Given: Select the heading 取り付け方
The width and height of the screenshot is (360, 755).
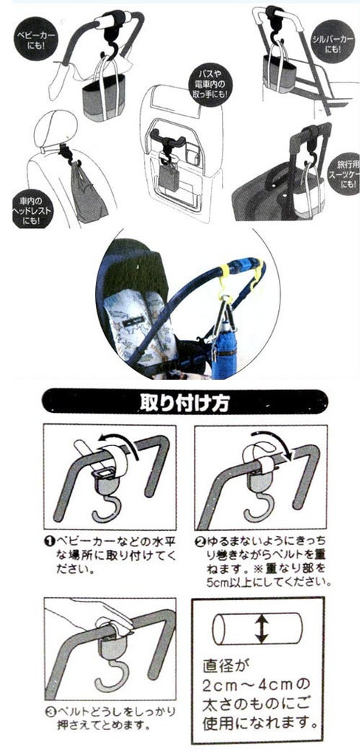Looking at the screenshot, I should (x=181, y=403).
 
